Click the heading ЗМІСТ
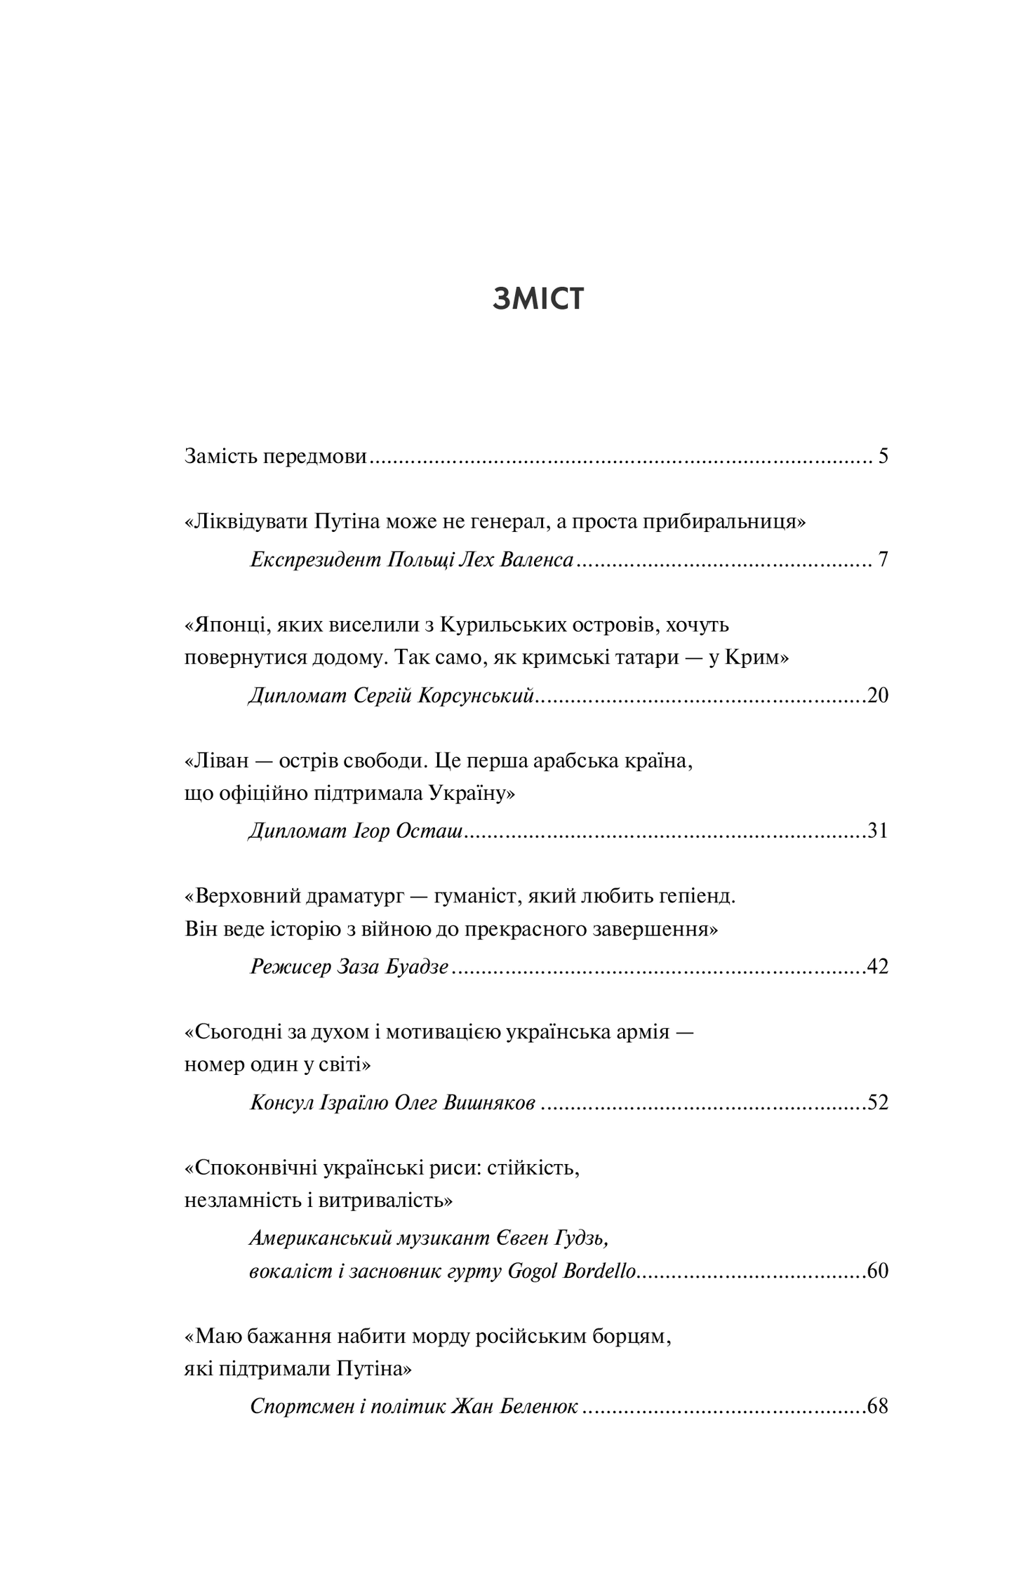coord(538,299)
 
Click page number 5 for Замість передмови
coord(883,457)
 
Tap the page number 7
coord(883,560)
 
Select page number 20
coord(878,695)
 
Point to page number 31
coord(878,831)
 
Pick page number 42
coord(878,967)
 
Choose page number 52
coord(878,1102)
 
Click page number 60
coord(878,1271)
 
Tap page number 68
coord(878,1406)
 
